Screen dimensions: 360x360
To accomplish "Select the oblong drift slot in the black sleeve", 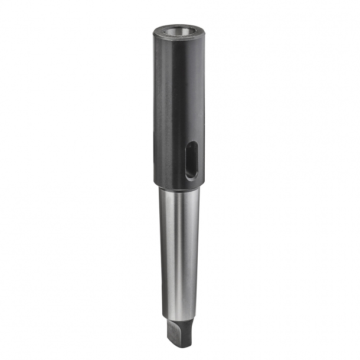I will coord(191,160).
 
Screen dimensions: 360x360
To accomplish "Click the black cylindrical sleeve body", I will coord(171,106).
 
